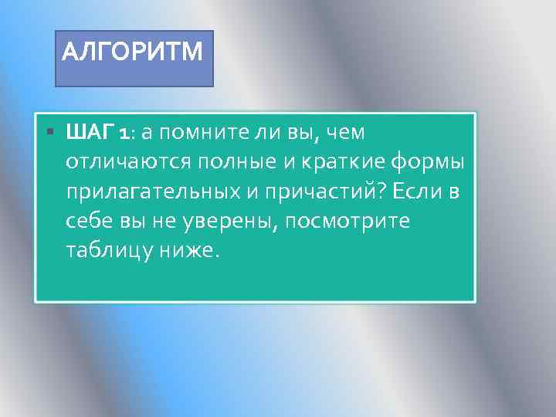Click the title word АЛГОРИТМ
[132, 52]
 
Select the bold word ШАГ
[90, 133]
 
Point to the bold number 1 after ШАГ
[124, 134]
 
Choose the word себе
[90, 222]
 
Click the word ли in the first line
[267, 133]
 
